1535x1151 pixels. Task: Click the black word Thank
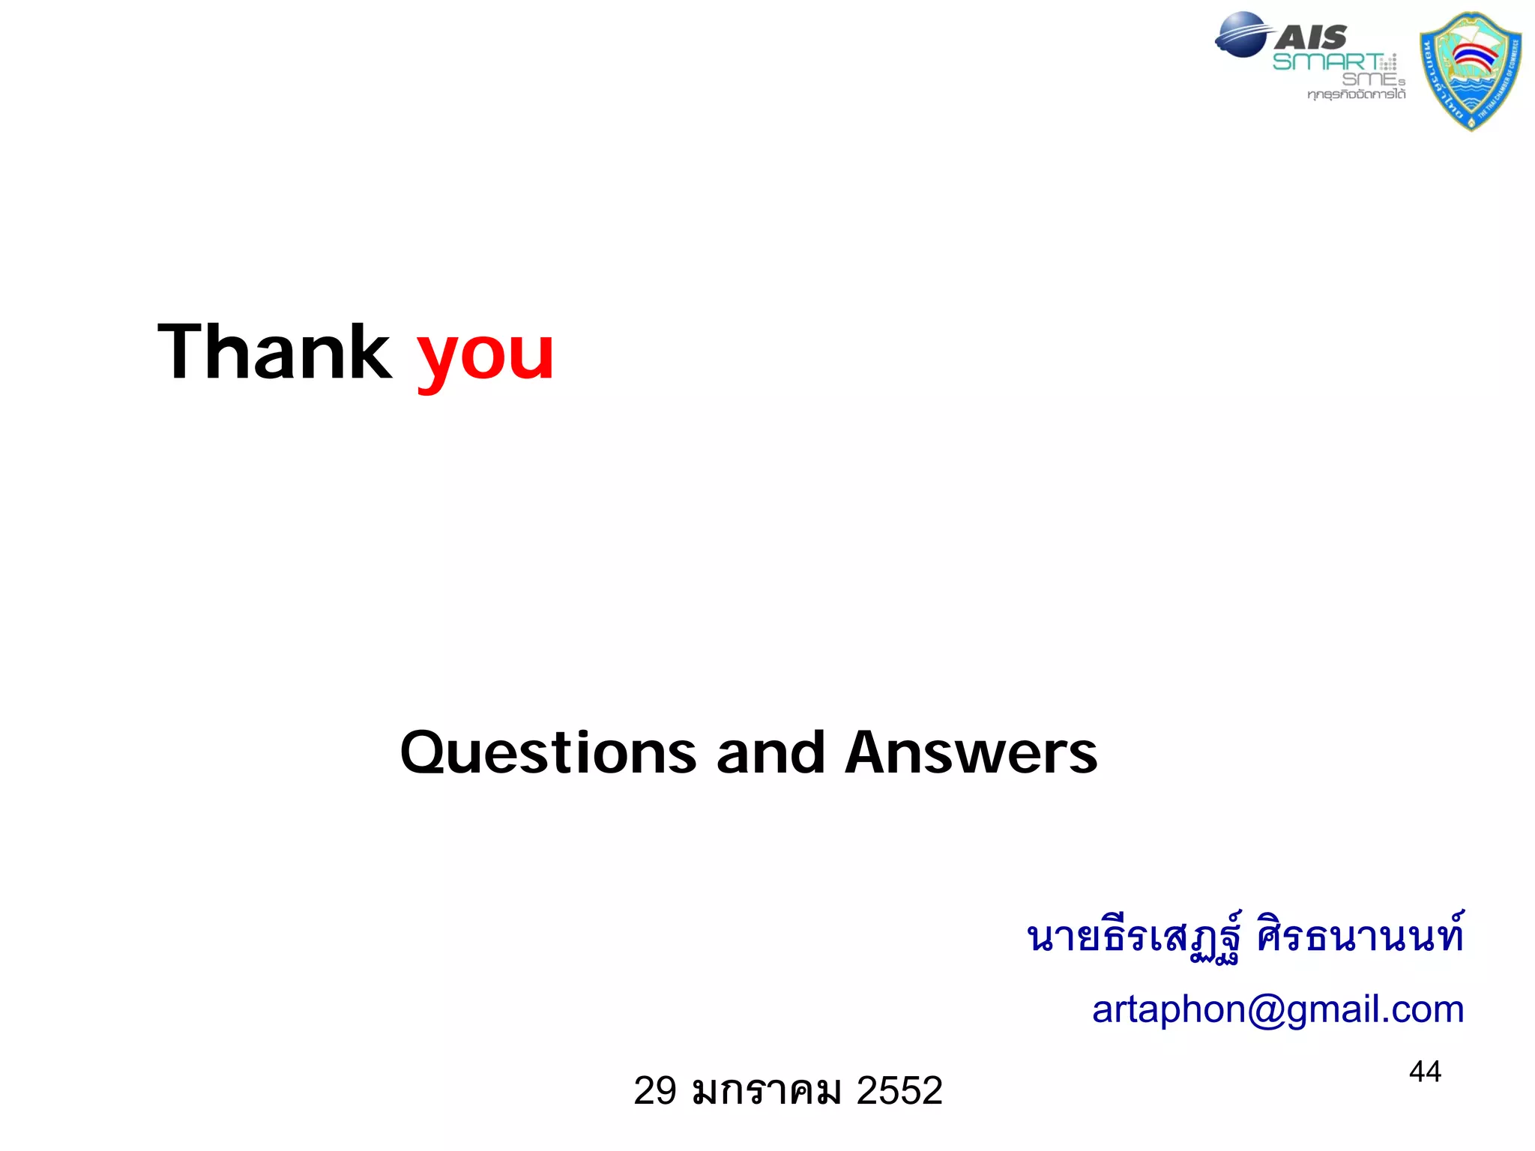[x=274, y=352]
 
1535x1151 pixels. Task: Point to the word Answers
[x=971, y=752]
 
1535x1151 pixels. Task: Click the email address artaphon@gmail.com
[x=1278, y=1009]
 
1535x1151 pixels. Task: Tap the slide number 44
[x=1425, y=1072]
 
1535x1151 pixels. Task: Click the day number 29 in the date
[x=655, y=1090]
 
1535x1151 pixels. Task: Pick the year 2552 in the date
[x=899, y=1090]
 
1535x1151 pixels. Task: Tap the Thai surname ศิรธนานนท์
[x=1360, y=937]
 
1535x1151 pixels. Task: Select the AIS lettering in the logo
[x=1312, y=36]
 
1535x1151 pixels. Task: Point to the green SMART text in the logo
[x=1327, y=61]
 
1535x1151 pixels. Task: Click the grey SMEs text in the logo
[x=1372, y=79]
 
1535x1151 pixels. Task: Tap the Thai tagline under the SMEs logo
[x=1356, y=94]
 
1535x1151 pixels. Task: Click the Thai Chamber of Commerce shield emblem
[x=1471, y=71]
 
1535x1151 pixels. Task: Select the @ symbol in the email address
[x=1267, y=1009]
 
